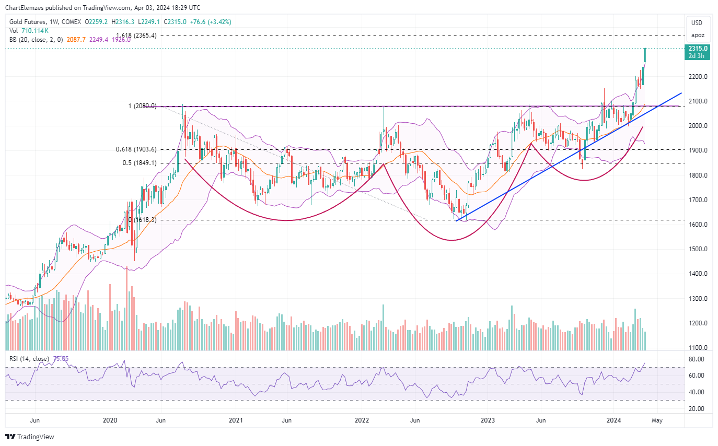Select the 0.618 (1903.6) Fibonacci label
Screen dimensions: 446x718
135,149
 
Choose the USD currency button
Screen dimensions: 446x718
697,23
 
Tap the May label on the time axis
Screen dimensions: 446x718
657,420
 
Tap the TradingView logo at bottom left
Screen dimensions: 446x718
30,437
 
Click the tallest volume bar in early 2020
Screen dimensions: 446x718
126,308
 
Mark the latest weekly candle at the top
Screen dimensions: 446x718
645,55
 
